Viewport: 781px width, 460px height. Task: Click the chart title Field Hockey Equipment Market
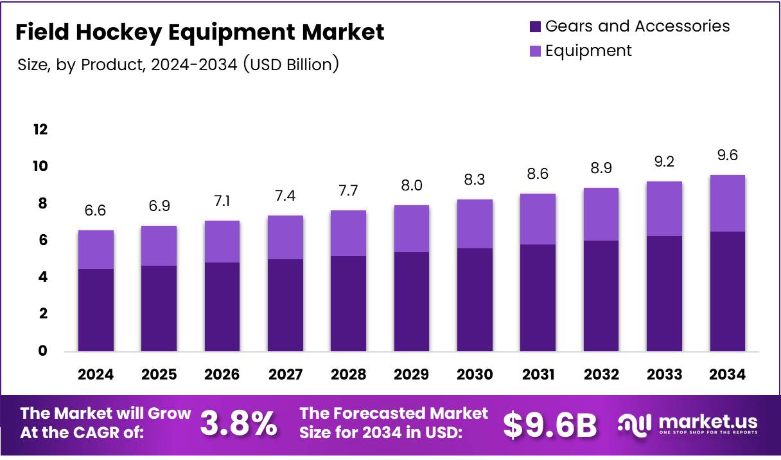[200, 32]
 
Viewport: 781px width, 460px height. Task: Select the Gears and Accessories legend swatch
[535, 26]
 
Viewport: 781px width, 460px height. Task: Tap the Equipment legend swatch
[535, 51]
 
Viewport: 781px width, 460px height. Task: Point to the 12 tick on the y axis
[40, 130]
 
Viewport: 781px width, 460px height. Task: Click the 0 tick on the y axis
[42, 351]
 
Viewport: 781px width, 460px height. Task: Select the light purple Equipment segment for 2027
[285, 237]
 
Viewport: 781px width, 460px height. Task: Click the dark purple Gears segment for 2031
[538, 298]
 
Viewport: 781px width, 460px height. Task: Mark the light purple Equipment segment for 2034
[727, 203]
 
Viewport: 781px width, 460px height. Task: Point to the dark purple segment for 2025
[159, 308]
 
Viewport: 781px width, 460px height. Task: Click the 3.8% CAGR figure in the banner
[239, 423]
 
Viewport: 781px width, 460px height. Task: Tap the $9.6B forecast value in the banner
[550, 425]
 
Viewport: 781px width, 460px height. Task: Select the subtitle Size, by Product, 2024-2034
[177, 64]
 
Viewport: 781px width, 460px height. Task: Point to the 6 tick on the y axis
[42, 241]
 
